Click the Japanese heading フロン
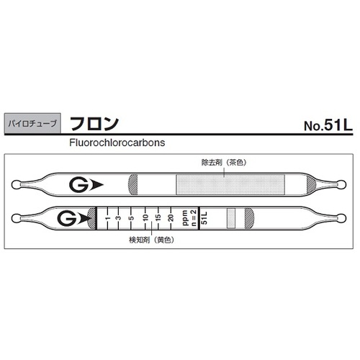94,122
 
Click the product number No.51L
327,124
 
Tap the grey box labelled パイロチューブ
34,123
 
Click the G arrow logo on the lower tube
71,217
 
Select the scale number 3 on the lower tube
120,217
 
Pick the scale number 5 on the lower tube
132,217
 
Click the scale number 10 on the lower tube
145,217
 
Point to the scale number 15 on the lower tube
158,217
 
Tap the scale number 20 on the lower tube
170,217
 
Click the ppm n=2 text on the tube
189,217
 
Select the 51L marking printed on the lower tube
205,217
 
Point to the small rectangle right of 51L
231,217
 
